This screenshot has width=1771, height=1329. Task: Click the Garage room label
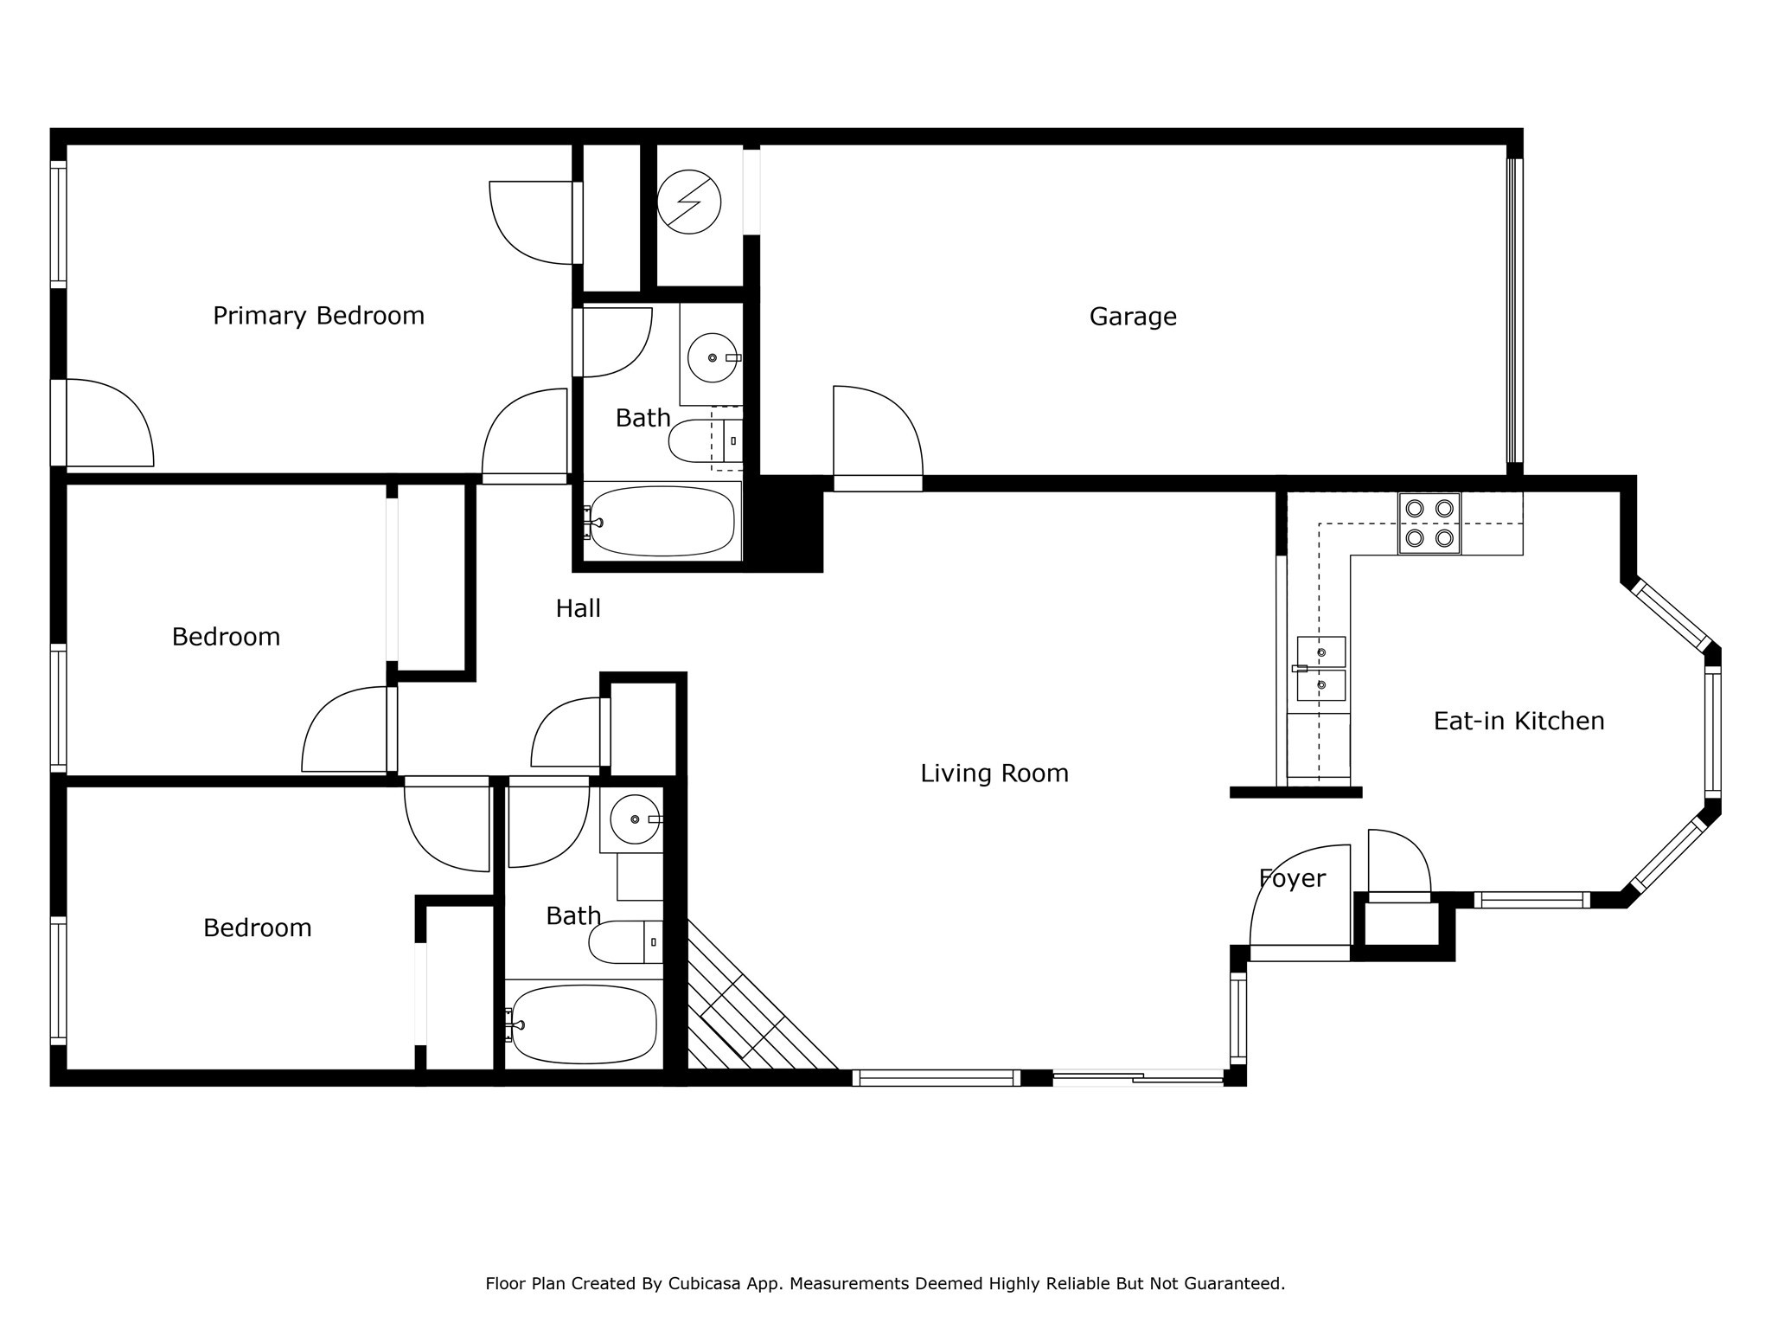[1133, 317]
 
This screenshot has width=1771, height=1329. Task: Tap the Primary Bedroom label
[318, 316]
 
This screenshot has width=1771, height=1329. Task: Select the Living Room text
[994, 773]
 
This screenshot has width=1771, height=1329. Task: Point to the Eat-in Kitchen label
[1518, 721]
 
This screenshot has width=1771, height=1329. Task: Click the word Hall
[578, 608]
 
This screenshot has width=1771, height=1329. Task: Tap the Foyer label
[1292, 878]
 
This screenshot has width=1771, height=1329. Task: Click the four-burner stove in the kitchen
[1429, 523]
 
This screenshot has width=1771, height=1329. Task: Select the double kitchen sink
[1320, 668]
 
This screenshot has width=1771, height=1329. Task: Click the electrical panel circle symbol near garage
[688, 202]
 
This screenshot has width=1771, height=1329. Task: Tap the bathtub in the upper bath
[662, 521]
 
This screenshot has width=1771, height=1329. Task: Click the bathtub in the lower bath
[584, 1024]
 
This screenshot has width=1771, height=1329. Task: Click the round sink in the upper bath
[713, 357]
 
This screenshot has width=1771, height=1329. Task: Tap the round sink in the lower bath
[635, 819]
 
